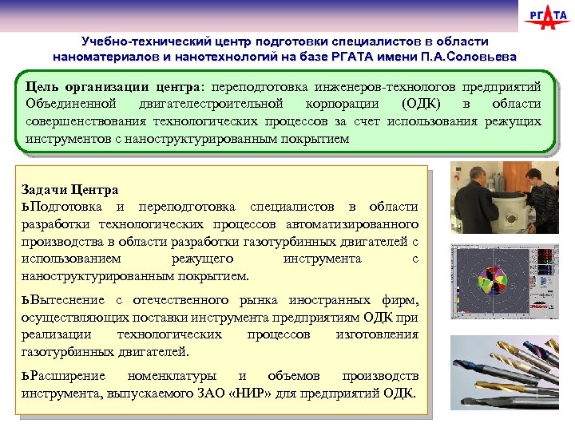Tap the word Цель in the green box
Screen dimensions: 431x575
[x=41, y=86]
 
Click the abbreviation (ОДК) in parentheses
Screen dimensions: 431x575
[x=408, y=105]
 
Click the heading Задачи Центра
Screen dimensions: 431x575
[x=70, y=190]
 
